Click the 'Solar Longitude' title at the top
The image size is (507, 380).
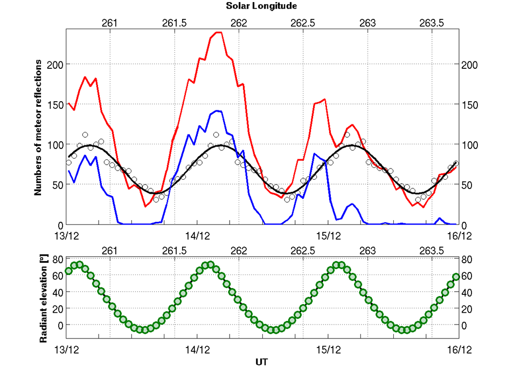tap(261, 6)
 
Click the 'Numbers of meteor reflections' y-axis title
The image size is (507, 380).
tap(38, 127)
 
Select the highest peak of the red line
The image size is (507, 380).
tap(218, 32)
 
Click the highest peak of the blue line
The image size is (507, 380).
tap(217, 111)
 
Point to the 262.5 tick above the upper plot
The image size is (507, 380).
tap(303, 23)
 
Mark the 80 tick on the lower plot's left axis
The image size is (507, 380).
tap(58, 259)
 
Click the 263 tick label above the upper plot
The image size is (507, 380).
tap(367, 23)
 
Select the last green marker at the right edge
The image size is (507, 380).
tap(456, 277)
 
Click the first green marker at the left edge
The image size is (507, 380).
tap(68, 271)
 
